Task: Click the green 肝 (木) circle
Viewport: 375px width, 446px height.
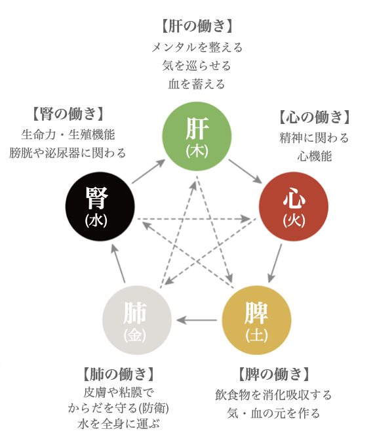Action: (x=197, y=136)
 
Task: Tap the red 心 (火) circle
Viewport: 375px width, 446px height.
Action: (x=294, y=207)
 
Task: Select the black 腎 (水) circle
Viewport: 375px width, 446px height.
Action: (x=100, y=207)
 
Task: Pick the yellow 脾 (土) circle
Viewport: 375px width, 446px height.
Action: (x=256, y=320)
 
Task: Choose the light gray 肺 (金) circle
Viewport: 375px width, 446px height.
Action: (x=137, y=320)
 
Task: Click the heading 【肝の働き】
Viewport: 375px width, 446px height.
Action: (x=197, y=26)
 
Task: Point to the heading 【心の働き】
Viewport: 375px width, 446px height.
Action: (x=314, y=117)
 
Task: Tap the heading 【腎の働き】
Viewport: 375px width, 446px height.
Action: (x=68, y=113)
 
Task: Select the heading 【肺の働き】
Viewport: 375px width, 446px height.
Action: (x=118, y=374)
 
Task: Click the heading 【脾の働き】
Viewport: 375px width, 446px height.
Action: (x=273, y=374)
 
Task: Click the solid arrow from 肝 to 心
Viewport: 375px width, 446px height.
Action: (x=245, y=172)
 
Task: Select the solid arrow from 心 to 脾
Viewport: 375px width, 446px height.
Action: (x=275, y=264)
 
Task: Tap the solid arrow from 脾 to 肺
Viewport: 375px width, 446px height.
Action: (x=197, y=320)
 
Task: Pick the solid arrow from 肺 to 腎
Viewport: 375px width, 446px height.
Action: (x=118, y=264)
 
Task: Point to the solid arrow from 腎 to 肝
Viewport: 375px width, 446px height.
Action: (x=148, y=172)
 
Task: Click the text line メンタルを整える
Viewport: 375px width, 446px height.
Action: (x=197, y=47)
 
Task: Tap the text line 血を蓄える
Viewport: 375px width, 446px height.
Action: (x=197, y=85)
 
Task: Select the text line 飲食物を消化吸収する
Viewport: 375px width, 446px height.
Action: (x=273, y=395)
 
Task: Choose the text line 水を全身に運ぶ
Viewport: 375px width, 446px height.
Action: (x=118, y=424)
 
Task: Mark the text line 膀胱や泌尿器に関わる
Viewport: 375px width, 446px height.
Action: (x=68, y=153)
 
